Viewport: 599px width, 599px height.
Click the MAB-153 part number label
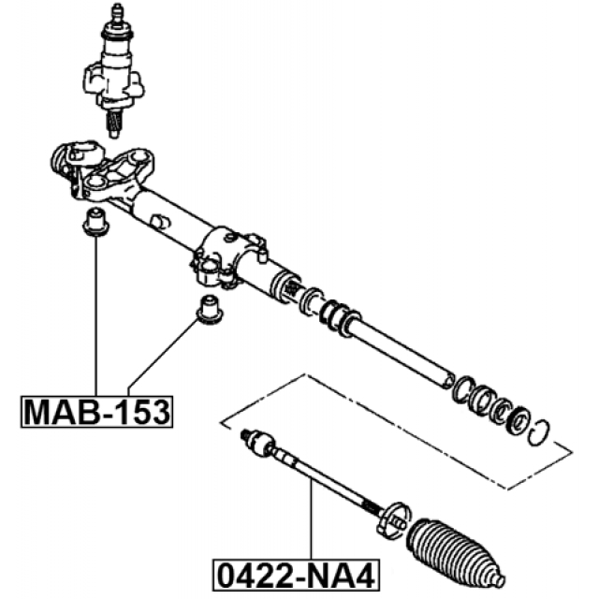(x=96, y=412)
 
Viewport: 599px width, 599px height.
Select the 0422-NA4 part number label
(x=296, y=576)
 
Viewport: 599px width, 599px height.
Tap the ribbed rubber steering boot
(x=455, y=553)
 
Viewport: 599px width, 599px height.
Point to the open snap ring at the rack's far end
(x=539, y=432)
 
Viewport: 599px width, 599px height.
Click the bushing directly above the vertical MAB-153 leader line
(x=95, y=222)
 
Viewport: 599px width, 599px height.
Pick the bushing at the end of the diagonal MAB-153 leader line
(x=209, y=310)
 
